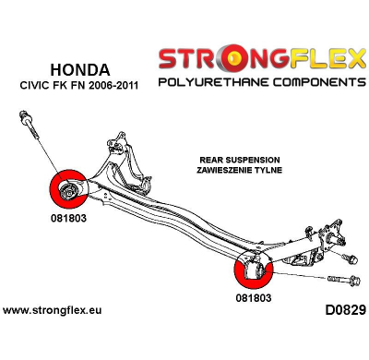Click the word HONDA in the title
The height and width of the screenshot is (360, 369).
click(x=78, y=69)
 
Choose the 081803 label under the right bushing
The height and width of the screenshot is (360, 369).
click(x=254, y=298)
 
